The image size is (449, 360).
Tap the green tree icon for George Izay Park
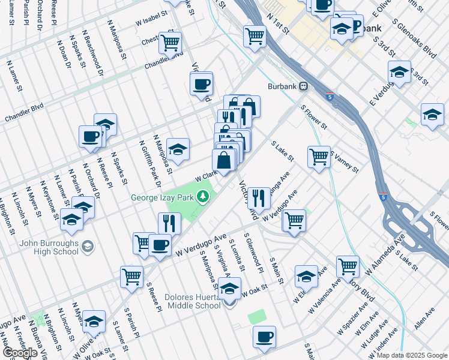[204, 196]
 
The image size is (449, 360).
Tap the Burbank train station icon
[304, 86]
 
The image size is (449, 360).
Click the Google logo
[20, 353]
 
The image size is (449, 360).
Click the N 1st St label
[279, 21]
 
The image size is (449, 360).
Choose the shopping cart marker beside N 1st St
[255, 36]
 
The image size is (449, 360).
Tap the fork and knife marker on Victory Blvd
[259, 197]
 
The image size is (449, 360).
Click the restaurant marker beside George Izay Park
[170, 223]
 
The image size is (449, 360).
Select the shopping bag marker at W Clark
[223, 161]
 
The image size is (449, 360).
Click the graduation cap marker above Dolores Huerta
[229, 289]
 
